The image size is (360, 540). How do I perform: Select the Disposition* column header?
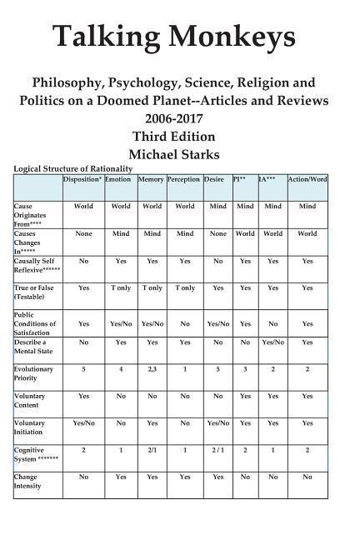pos(83,179)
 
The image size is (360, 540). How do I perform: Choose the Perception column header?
pos(184,179)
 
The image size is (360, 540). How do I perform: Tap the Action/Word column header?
pos(307,179)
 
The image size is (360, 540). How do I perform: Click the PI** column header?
pos(244,179)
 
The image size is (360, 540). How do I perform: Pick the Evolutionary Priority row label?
pos(34,373)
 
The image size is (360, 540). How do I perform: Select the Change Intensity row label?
pos(27,481)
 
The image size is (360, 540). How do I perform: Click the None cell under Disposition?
pos(83,233)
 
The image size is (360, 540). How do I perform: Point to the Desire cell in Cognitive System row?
pos(217,450)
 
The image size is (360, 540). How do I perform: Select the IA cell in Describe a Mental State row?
pos(272,342)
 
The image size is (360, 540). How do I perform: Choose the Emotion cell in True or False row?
pos(119,287)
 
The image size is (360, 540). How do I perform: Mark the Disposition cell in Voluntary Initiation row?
pos(83,422)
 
